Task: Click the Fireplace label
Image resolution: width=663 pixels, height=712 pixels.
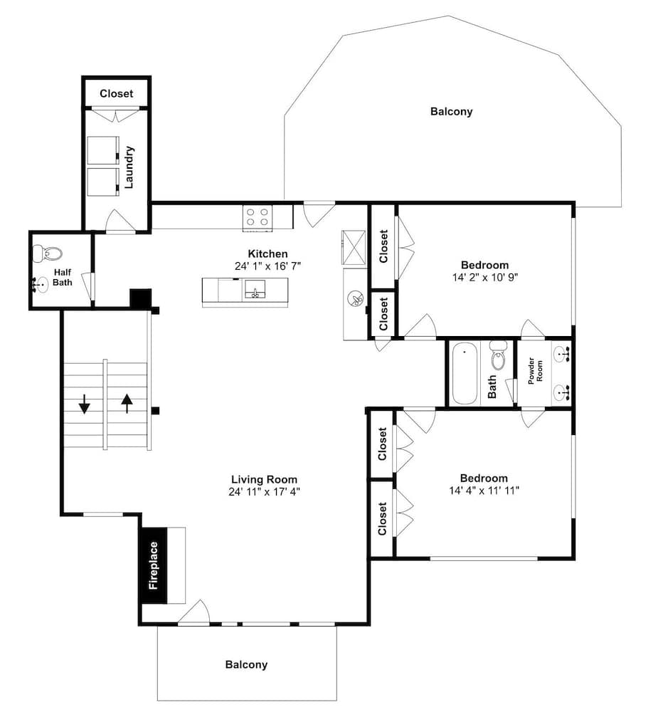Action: pos(154,565)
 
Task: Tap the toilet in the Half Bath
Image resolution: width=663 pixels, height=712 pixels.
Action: pos(47,253)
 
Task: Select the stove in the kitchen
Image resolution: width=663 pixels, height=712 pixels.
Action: pos(258,217)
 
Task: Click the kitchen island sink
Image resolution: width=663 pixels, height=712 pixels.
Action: pos(255,289)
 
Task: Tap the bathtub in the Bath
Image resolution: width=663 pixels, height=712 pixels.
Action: pos(465,373)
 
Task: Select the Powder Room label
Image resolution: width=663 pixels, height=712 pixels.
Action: pos(535,370)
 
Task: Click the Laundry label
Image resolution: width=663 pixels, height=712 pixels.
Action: pos(129,167)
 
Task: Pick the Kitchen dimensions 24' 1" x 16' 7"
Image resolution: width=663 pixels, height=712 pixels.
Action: pos(267,266)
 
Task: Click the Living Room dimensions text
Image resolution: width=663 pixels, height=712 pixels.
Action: pos(264,492)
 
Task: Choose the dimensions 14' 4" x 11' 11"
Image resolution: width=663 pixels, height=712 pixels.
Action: pos(484,491)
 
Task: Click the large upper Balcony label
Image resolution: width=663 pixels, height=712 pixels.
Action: pos(452,112)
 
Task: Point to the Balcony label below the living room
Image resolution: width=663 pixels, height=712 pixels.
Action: pos(246,665)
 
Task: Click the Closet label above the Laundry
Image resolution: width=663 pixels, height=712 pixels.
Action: pos(116,93)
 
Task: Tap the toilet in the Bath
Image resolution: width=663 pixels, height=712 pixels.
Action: pos(498,355)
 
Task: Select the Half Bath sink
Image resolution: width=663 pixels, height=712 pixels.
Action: pos(41,285)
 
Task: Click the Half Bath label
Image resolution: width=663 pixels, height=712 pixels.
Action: pos(62,278)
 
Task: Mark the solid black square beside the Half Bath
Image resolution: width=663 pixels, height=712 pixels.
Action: pos(141,298)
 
